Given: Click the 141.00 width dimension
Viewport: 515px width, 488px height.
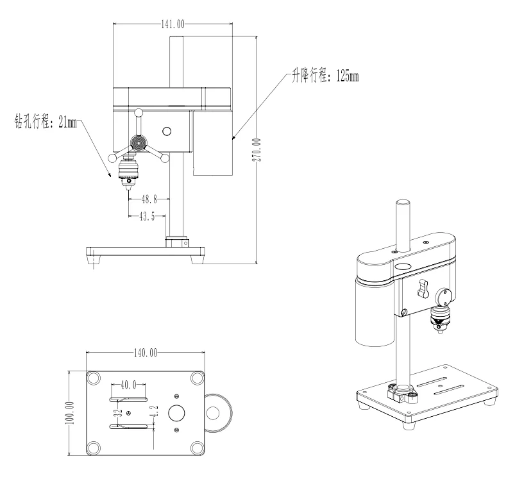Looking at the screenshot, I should click(x=173, y=24).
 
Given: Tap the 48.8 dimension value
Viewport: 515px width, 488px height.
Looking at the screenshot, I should click(x=148, y=199).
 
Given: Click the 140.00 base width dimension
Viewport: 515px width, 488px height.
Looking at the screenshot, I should click(x=145, y=353).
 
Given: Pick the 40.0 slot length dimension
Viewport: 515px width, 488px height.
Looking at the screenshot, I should click(x=129, y=385).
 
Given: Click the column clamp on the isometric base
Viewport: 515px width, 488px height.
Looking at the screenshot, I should click(x=402, y=392).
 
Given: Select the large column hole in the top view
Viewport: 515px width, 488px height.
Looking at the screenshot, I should click(x=177, y=413).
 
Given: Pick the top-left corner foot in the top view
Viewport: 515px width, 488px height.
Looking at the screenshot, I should click(x=94, y=376).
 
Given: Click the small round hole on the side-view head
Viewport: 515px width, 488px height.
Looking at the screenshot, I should click(x=167, y=131).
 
